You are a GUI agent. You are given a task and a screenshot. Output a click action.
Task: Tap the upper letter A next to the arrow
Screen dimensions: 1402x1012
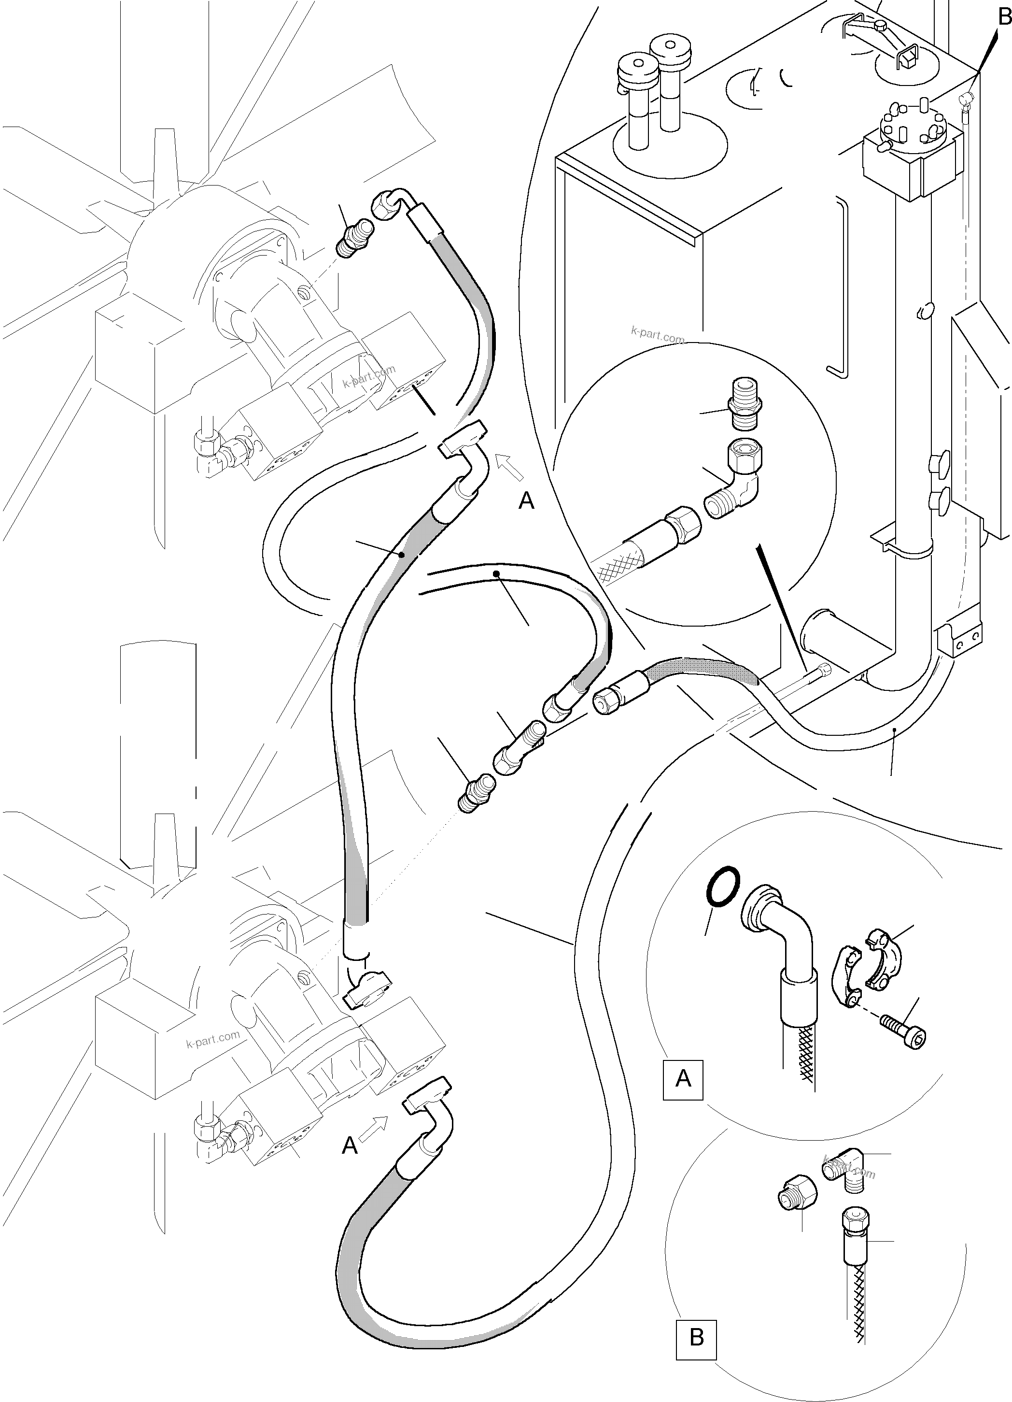[x=526, y=501]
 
